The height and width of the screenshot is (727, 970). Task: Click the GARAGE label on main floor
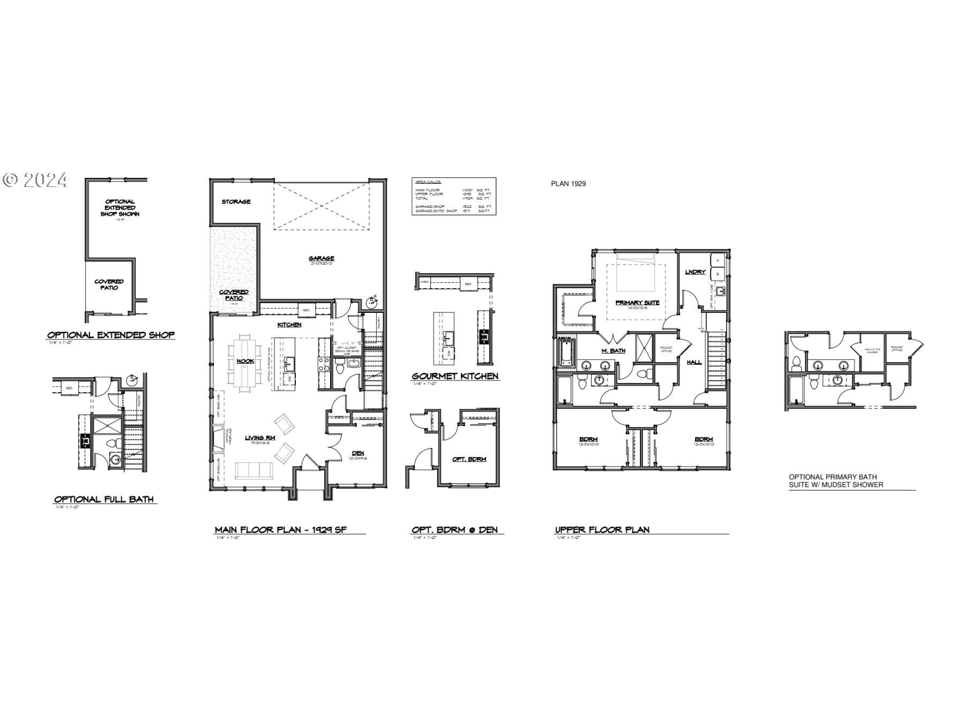click(x=321, y=259)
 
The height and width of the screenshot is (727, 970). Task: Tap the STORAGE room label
click(x=236, y=202)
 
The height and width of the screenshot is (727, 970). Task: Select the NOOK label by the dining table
click(x=245, y=361)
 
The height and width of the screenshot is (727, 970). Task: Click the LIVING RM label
click(x=260, y=438)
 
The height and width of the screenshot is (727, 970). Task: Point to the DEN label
click(x=357, y=453)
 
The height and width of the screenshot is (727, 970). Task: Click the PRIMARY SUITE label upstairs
click(x=637, y=303)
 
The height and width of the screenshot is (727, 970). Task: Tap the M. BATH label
click(x=614, y=350)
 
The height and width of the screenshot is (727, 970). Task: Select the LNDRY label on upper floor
click(x=695, y=272)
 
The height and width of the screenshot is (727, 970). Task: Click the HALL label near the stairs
click(x=694, y=362)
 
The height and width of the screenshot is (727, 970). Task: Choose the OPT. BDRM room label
click(x=469, y=459)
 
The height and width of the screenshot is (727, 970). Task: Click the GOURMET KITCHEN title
click(x=455, y=376)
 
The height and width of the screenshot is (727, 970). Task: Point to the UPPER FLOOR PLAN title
click(x=602, y=530)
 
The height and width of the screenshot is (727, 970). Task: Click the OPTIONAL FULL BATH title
click(x=104, y=499)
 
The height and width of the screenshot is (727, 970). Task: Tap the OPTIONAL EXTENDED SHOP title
click(x=111, y=335)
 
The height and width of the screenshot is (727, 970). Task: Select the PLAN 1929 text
click(x=568, y=184)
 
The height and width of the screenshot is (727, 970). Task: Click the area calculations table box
click(x=453, y=196)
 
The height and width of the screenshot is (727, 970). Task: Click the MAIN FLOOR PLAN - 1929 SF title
click(x=281, y=530)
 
